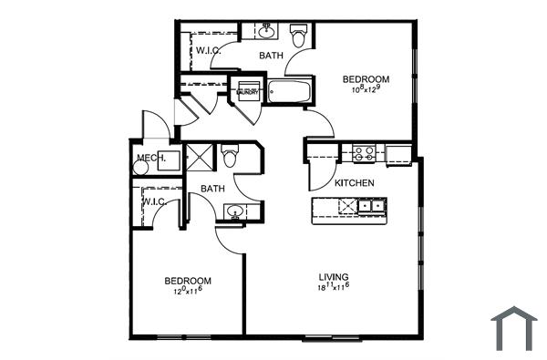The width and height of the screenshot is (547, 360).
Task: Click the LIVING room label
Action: pos(334,277)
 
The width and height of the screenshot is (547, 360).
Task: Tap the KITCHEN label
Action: pos(355,183)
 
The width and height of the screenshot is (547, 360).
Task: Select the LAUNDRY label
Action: pos(248,92)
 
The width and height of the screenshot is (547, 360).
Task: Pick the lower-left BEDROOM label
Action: pos(188,281)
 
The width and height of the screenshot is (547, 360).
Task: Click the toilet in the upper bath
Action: pos(298,36)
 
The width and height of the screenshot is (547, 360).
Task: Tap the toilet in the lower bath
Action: pos(230,157)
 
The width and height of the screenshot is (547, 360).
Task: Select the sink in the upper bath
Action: pos(267,34)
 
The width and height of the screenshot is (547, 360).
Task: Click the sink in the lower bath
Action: pos(235,214)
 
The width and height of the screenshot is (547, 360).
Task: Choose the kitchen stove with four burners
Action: pos(364,153)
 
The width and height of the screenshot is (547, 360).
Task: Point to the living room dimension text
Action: pos(334,288)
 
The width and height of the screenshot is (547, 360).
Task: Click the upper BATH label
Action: pos(271,57)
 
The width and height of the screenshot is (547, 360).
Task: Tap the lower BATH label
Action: pos(212,189)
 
